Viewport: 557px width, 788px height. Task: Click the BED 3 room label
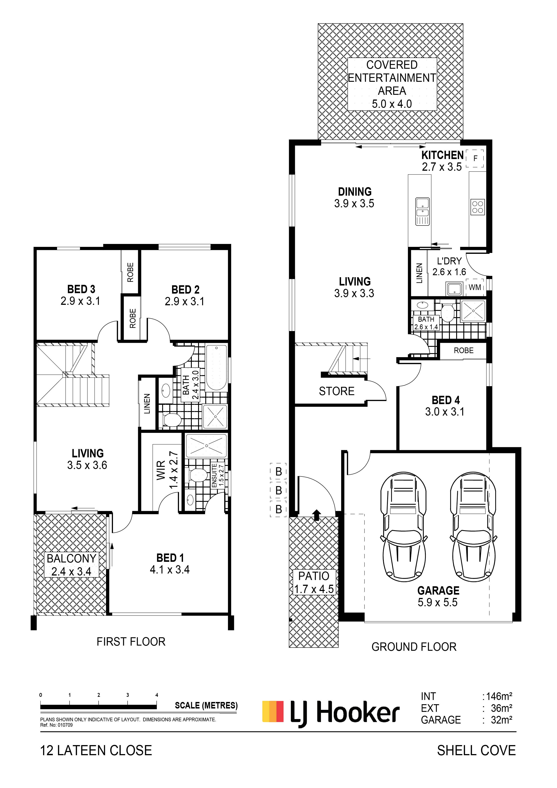point(81,289)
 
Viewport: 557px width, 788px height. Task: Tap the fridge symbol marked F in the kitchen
point(475,159)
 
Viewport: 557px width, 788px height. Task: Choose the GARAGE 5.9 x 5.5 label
point(438,596)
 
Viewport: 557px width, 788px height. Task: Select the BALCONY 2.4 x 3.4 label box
point(71,564)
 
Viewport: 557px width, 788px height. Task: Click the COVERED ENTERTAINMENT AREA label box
point(392,84)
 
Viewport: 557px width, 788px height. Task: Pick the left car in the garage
point(404,525)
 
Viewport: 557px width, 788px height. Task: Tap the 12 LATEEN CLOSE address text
point(96,750)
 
